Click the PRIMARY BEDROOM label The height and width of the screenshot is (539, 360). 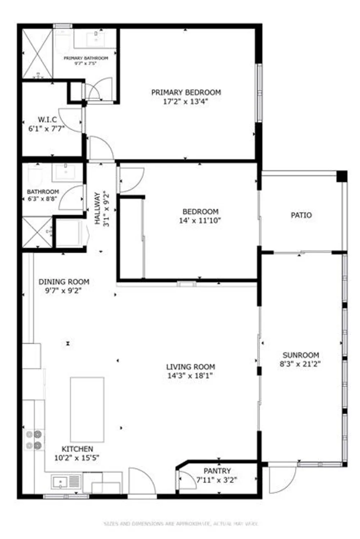pos(186,92)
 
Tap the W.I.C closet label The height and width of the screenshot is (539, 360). pos(47,120)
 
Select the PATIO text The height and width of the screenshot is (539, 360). pos(301,215)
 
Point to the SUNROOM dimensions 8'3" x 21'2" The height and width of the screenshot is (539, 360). pos(300,364)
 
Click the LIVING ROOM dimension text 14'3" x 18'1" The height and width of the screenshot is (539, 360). pos(190,376)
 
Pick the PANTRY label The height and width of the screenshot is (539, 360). pos(217,471)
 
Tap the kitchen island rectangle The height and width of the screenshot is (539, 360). pos(87,409)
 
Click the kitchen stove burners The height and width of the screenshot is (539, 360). pos(33,440)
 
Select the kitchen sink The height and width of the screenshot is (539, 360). pos(61,482)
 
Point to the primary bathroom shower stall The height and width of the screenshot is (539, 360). pos(37,54)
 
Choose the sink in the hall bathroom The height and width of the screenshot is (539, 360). pos(67,172)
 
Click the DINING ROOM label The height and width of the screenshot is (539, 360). pos(64,282)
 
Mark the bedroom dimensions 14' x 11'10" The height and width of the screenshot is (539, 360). pos(200,220)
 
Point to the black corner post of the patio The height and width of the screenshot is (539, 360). pos(342,176)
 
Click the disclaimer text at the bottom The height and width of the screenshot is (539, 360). pos(181,524)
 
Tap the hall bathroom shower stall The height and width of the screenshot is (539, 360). pos(37,232)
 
